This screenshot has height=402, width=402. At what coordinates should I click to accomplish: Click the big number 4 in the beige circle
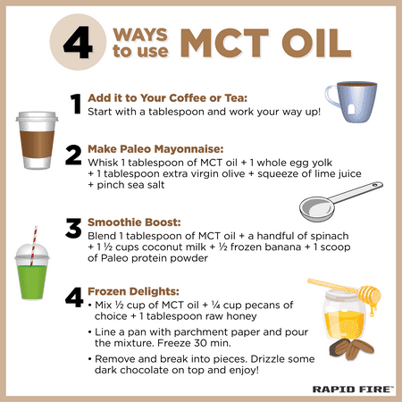pos(78,42)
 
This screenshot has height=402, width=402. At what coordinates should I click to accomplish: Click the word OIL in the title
pos(316,43)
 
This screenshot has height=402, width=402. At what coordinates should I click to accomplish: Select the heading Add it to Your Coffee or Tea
pos(167,98)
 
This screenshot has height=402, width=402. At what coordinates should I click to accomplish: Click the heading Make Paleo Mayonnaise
pos(155,149)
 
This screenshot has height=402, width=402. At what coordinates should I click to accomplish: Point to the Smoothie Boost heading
pos(134,222)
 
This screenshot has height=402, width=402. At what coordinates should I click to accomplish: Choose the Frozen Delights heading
pos(133,291)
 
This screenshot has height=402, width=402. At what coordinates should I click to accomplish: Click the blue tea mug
pos(353,102)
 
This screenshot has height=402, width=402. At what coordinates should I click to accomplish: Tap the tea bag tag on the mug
pos(352,109)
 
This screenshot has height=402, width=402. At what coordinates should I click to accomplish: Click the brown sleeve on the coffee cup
pos(37,144)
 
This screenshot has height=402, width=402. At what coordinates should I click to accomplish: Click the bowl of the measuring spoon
pos(317,207)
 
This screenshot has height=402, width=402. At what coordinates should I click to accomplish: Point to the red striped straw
pos(34,246)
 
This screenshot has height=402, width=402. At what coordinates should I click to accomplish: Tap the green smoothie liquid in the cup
pos(32,281)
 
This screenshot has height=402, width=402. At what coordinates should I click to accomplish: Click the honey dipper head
pos(370,294)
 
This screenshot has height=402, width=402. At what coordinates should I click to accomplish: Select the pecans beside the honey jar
pos(351,349)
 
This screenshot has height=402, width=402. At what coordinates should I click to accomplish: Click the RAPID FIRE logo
pos(353,389)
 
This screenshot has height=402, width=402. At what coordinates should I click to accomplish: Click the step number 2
pos(73,155)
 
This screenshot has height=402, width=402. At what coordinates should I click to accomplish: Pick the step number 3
pos(73,228)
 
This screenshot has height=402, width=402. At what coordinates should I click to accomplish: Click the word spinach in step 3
pos(330,236)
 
